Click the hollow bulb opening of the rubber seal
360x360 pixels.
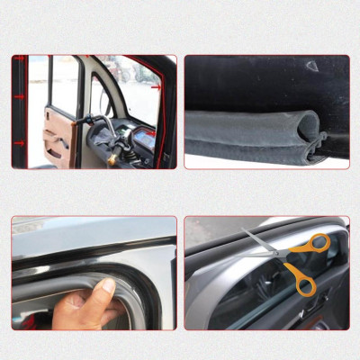click(x=308, y=124)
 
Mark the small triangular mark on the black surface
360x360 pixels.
click(x=311, y=66)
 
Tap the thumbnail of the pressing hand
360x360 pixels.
click(x=107, y=286)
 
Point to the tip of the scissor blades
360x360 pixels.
click(x=244, y=232)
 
